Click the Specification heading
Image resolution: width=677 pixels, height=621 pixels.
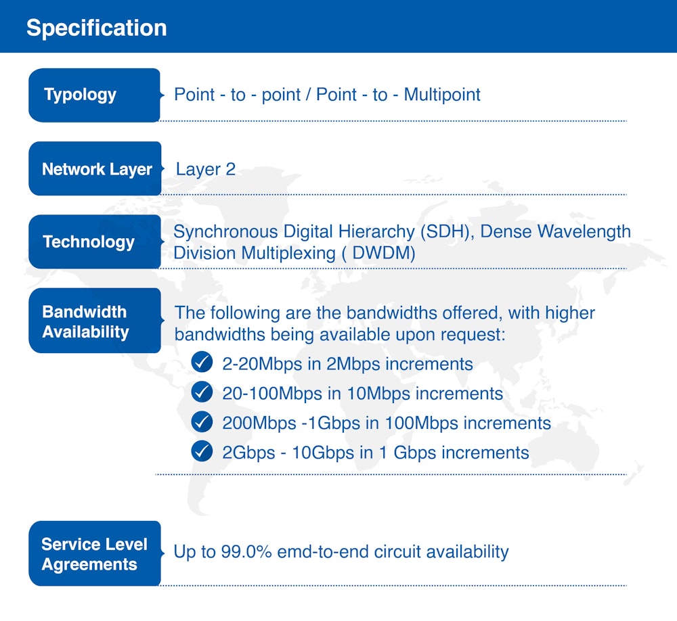tap(96, 28)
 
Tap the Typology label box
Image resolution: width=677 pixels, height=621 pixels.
tap(93, 95)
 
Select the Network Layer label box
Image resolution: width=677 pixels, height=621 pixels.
tap(95, 169)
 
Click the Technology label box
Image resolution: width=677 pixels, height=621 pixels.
tap(94, 242)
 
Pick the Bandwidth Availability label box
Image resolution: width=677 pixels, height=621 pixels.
tap(94, 321)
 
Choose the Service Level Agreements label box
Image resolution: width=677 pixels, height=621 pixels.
tap(94, 554)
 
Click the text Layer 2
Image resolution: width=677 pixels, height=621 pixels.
tap(206, 169)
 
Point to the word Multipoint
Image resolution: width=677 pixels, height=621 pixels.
tap(442, 95)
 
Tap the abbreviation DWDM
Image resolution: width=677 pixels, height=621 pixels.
tap(385, 253)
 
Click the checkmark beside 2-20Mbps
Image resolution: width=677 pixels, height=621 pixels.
tap(202, 363)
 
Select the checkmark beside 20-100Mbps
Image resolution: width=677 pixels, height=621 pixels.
tap(202, 392)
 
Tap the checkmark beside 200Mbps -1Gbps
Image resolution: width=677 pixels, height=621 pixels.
tap(202, 422)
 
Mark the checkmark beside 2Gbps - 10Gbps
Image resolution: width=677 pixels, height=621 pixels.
tap(202, 451)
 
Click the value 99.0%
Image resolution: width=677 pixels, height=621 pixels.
tap(246, 552)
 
